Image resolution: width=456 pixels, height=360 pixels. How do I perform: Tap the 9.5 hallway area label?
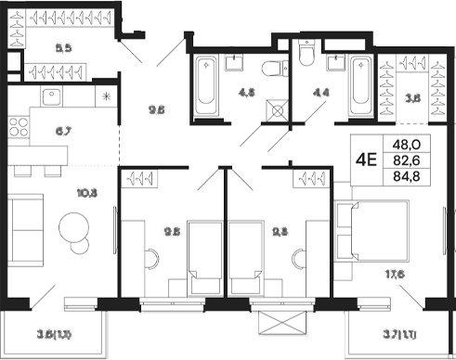pos(156,108)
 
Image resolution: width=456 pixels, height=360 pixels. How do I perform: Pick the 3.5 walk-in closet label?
pos(414,95)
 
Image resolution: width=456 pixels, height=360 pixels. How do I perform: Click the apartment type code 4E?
pos(366,159)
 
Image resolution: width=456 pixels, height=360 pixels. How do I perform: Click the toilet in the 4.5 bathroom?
pos(268,69)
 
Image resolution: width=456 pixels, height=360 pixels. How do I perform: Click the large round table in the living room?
pos(73,227)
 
